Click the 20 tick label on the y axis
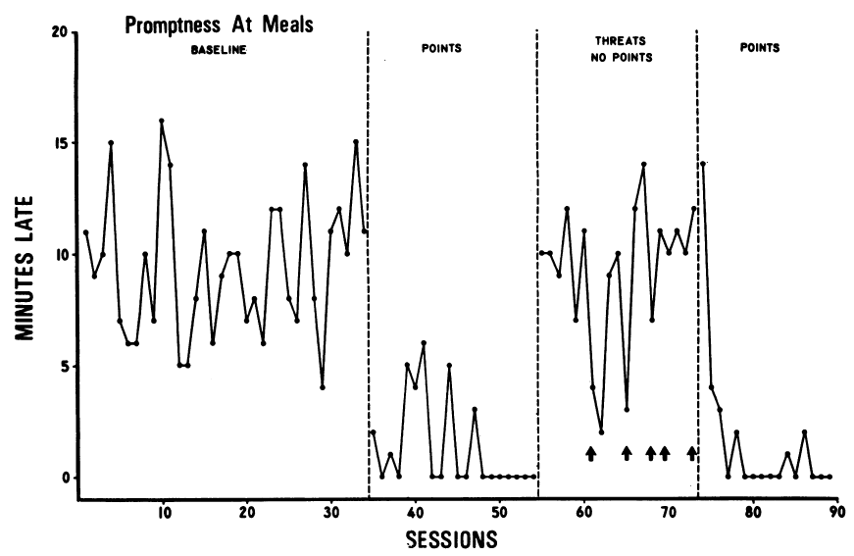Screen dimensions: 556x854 (x=59, y=32)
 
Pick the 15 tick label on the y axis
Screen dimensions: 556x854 (x=59, y=143)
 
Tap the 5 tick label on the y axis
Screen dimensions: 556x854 (x=63, y=367)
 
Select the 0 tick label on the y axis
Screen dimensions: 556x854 (x=63, y=479)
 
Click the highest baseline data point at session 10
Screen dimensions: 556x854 (x=162, y=121)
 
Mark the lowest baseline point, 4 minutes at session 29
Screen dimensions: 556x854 (x=322, y=388)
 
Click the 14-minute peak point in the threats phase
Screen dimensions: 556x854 (x=644, y=165)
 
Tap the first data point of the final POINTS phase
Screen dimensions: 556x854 (x=703, y=164)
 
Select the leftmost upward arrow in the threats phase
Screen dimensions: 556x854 (x=590, y=452)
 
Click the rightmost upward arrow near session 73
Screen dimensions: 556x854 (x=692, y=452)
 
